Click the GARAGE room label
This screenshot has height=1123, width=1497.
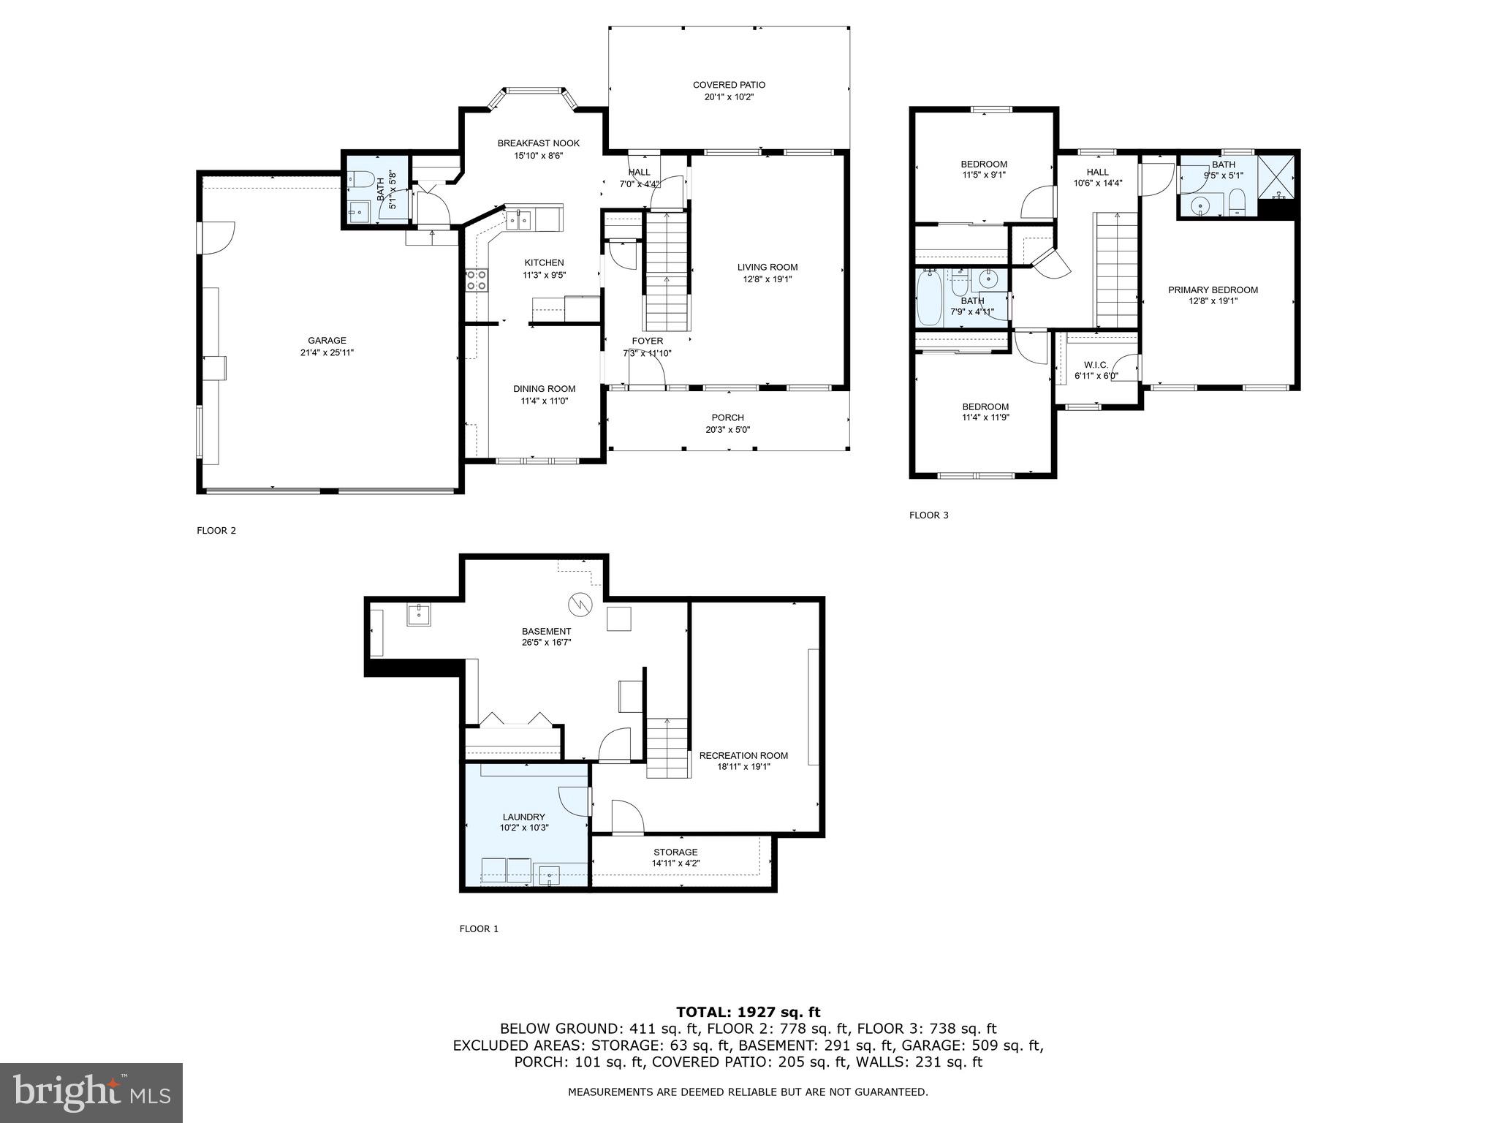(327, 341)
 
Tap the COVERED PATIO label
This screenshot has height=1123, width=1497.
(729, 86)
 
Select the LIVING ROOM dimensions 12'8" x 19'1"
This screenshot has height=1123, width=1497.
(767, 279)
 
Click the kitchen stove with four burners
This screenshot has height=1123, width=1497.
(477, 280)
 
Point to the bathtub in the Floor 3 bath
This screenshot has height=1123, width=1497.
(929, 298)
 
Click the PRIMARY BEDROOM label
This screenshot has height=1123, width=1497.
(1213, 290)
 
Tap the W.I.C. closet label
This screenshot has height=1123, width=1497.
(1096, 365)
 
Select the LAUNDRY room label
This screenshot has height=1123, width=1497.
(523, 817)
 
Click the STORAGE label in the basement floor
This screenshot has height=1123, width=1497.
(675, 852)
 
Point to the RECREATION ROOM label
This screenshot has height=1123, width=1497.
(743, 756)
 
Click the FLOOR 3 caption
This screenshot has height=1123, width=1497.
(928, 515)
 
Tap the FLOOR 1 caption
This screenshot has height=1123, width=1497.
(479, 929)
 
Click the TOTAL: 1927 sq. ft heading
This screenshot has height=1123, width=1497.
(748, 1013)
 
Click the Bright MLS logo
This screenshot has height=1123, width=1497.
(91, 1093)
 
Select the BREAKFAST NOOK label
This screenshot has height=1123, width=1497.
(538, 143)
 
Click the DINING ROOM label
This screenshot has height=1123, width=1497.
(544, 389)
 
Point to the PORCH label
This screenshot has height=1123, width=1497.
(727, 418)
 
